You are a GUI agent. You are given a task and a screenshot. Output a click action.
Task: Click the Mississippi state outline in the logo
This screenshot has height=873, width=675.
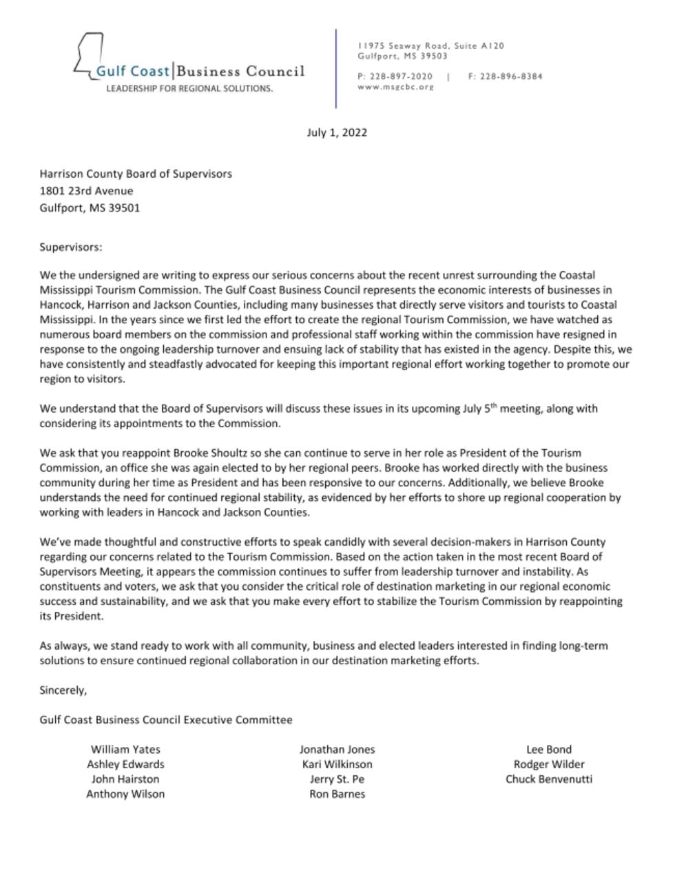pos(88,52)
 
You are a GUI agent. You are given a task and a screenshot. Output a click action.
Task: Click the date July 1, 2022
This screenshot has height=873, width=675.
pos(337,132)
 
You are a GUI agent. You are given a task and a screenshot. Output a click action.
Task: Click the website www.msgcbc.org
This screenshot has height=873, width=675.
pos(395,87)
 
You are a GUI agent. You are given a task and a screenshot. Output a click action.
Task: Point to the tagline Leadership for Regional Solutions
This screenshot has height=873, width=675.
pos(189,89)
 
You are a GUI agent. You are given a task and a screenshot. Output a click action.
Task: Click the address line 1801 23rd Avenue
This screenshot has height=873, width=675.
pos(86,191)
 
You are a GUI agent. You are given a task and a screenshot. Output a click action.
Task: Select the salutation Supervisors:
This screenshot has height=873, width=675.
pos(70,247)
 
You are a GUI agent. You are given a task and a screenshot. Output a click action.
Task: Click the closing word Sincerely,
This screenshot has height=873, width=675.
pos(63,690)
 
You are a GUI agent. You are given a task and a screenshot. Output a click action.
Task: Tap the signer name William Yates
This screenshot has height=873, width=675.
pos(125,749)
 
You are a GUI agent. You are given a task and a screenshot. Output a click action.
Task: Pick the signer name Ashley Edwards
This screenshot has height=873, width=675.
pos(125,764)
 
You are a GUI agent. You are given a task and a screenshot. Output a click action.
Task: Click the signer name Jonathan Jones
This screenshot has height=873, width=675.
pos(337,749)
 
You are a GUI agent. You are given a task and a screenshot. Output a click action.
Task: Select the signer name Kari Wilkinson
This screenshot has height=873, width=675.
pos(337,764)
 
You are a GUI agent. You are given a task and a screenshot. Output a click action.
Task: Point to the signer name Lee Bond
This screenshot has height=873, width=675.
pos(549,749)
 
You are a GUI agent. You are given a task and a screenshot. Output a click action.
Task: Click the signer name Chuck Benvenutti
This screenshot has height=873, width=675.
pos(549,779)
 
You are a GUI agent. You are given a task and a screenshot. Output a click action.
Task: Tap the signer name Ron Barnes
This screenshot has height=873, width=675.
pos(337,794)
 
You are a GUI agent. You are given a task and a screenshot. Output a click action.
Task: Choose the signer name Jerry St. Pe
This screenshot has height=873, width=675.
pos(337,779)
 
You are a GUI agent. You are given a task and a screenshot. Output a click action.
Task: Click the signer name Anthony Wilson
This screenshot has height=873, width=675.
pos(125,794)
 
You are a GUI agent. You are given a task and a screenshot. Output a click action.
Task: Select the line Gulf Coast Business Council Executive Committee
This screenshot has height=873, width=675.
pos(166,719)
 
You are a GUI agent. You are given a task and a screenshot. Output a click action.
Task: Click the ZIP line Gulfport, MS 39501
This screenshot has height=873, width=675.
pos(90,207)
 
